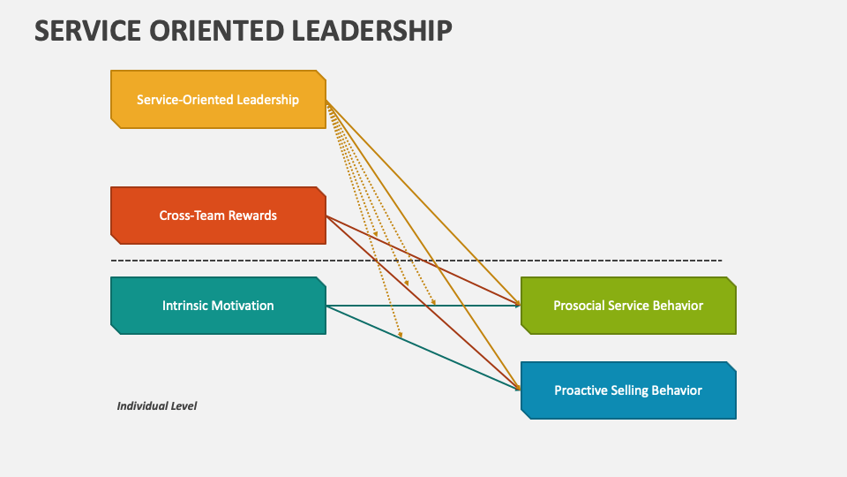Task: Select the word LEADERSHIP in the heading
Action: (370, 30)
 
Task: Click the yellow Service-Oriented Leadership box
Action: (218, 100)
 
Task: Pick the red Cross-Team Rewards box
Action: (218, 216)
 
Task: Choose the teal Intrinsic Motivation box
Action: (218, 306)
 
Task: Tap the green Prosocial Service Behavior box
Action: (628, 306)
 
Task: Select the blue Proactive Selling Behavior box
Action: (628, 390)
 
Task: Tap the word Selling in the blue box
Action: (629, 390)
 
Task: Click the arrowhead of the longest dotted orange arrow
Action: (401, 336)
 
